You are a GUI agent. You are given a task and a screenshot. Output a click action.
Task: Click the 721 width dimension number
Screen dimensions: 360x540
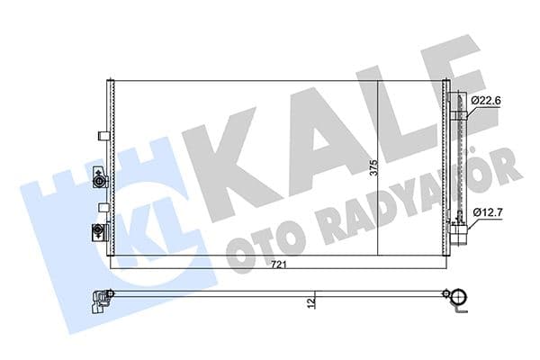(282, 264)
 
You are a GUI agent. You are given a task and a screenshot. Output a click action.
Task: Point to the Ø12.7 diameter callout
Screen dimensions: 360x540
(486, 212)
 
